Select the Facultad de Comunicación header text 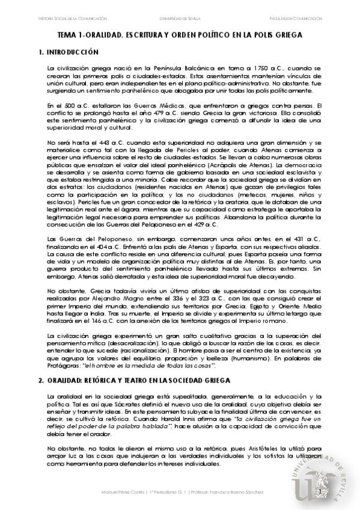click(309, 19)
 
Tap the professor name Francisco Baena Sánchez click(241, 493)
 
